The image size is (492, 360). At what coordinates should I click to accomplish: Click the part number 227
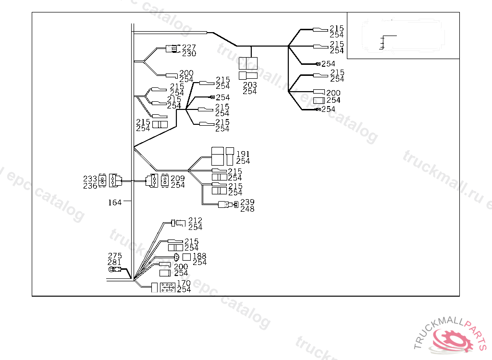(x=189, y=47)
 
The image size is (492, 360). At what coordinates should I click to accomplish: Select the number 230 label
(x=189, y=53)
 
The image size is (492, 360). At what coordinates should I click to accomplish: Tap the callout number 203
(x=250, y=85)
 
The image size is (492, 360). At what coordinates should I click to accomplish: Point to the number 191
(x=243, y=155)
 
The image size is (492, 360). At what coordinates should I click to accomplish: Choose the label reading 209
(x=177, y=179)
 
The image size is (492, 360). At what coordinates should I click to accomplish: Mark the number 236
(x=90, y=186)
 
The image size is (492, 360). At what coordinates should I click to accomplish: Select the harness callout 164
(x=114, y=203)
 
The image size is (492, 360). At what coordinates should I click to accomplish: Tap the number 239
(x=247, y=202)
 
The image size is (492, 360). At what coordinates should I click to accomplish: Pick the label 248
(x=247, y=209)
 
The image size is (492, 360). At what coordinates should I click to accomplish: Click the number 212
(x=195, y=220)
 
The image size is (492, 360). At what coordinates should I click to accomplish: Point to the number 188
(x=199, y=256)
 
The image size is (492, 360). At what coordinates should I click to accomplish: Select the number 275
(x=115, y=256)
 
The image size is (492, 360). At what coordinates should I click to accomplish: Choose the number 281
(x=115, y=262)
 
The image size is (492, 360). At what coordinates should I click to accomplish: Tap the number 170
(x=184, y=283)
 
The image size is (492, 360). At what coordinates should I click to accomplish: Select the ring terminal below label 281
(x=112, y=270)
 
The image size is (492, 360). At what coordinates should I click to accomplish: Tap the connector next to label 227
(x=172, y=48)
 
